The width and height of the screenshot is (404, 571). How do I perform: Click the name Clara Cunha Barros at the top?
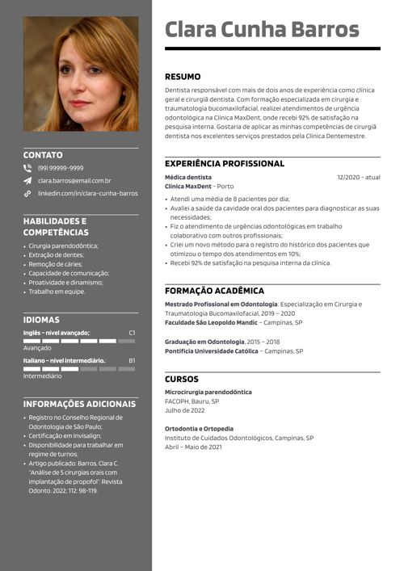[x=261, y=30]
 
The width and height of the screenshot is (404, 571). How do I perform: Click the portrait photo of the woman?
[x=81, y=74]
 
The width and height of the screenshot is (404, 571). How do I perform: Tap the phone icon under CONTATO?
[x=27, y=168]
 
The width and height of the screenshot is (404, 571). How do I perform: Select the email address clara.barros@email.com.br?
[x=74, y=181]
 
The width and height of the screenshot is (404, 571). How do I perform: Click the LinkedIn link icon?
[x=27, y=194]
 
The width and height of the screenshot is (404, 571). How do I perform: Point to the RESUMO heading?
[x=183, y=77]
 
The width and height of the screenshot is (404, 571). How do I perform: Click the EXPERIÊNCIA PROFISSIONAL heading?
[x=224, y=163]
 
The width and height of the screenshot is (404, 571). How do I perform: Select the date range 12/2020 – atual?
[x=358, y=177]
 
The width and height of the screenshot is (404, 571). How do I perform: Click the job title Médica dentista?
[x=187, y=177]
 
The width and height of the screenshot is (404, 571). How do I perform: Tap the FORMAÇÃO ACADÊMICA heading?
[x=214, y=291]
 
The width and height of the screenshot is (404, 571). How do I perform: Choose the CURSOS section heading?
[x=181, y=379]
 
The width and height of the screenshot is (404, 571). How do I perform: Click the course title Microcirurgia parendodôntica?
[x=208, y=392]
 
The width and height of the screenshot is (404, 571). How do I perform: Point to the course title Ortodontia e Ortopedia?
[x=199, y=429]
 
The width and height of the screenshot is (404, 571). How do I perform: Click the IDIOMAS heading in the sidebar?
[x=41, y=320]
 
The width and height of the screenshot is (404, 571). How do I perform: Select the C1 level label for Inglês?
[x=132, y=333]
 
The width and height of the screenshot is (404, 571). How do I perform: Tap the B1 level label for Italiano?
[x=132, y=360]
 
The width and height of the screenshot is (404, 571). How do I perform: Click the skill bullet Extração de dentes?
[x=57, y=254]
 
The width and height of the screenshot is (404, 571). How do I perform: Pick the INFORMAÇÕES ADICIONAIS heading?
[x=79, y=404]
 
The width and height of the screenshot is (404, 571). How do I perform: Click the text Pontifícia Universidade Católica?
[x=213, y=351]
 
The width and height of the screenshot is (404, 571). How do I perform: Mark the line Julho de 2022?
[x=185, y=410]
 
